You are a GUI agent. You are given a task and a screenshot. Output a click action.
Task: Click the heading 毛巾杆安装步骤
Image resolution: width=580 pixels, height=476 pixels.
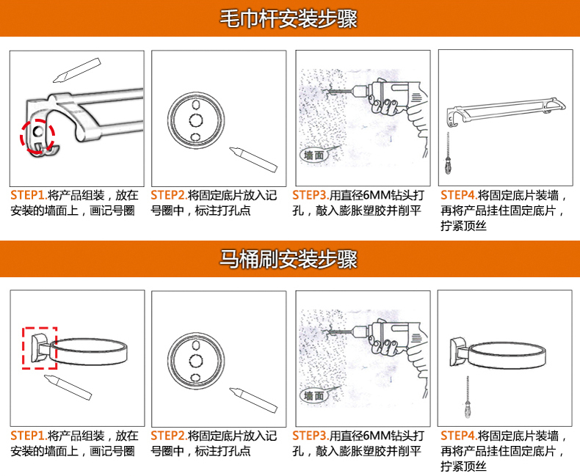point(289,18)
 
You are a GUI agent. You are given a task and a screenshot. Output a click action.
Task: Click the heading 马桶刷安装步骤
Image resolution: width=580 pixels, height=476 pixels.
point(289,259)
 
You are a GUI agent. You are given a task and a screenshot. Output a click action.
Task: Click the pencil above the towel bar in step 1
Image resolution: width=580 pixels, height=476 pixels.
point(77,70)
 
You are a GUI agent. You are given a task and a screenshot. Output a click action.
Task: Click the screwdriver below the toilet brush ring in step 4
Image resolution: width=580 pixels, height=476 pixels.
point(468,398)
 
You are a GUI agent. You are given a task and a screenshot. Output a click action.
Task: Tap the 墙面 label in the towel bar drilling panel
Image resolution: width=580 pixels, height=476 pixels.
point(313,155)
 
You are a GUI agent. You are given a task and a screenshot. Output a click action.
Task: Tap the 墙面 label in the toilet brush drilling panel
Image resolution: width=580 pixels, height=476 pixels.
point(313,396)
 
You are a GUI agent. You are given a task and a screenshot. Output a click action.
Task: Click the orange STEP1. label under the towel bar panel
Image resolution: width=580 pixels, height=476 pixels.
point(29,195)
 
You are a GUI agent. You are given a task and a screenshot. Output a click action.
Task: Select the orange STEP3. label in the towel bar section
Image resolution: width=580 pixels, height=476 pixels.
point(311,195)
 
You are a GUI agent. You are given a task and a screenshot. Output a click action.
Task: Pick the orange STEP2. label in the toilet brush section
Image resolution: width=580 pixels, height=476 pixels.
point(169,436)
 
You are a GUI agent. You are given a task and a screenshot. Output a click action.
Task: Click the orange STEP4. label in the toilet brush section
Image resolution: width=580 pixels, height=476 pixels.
point(459,436)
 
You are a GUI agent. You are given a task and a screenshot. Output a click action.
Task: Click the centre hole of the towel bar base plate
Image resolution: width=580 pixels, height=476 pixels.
point(196,120)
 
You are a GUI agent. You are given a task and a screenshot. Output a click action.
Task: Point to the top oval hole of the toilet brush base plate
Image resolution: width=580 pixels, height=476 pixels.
point(196,345)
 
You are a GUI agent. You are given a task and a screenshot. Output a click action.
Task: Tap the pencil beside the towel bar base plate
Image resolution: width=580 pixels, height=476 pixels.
point(253,160)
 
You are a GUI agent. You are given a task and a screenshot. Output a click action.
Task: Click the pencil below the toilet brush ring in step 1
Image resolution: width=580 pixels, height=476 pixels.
point(68,387)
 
